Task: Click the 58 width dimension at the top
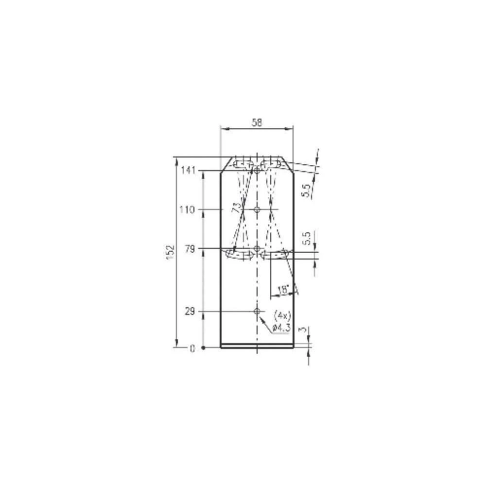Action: click(257, 123)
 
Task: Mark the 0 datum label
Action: click(192, 348)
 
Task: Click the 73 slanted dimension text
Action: click(237, 208)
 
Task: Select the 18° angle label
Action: click(282, 290)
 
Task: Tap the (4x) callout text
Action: click(282, 314)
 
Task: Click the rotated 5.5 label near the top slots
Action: click(306, 189)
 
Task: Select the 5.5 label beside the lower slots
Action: click(306, 239)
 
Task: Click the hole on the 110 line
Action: click(257, 210)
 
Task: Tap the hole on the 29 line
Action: click(257, 311)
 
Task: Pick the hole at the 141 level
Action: click(257, 170)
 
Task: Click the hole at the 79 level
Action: click(257, 249)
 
